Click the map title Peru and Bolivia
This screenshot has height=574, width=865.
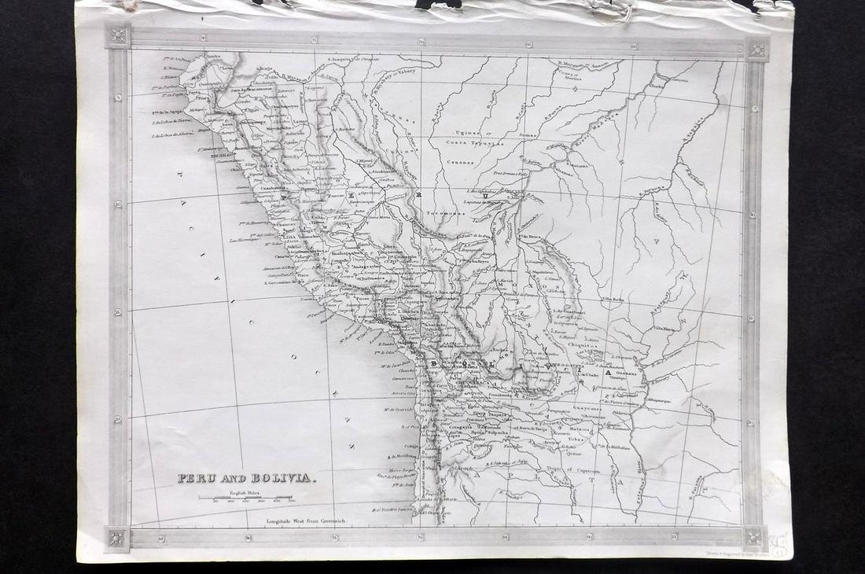click(247, 477)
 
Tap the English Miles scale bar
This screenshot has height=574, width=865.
click(245, 497)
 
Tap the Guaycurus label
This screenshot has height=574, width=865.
click(587, 408)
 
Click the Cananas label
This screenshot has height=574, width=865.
click(462, 163)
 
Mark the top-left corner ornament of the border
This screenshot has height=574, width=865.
click(118, 36)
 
